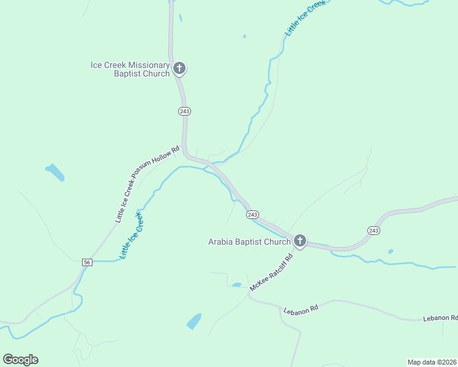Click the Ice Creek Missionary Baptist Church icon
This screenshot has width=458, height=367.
pyautogui.click(x=179, y=68)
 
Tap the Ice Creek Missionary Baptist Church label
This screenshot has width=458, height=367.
pyautogui.click(x=130, y=69)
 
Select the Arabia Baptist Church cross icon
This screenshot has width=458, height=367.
pyautogui.click(x=299, y=240)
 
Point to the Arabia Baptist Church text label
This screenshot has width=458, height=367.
pyautogui.click(x=249, y=242)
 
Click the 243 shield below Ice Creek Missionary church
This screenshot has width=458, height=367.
pyautogui.click(x=185, y=111)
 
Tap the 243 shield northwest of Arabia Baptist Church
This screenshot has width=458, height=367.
pyautogui.click(x=252, y=215)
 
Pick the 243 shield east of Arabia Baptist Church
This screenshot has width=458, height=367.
pyautogui.click(x=374, y=230)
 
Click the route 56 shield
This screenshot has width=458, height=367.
pyautogui.click(x=87, y=262)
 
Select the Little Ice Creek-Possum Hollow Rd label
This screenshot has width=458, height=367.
pyautogui.click(x=148, y=183)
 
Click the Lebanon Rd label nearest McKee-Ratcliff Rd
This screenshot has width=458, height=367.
pyautogui.click(x=301, y=310)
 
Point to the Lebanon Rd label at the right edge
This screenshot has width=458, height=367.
pyautogui.click(x=441, y=318)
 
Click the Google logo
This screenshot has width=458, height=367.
pyautogui.click(x=20, y=360)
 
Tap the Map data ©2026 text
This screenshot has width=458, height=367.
pyautogui.click(x=432, y=362)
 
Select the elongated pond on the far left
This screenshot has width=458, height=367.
pyautogui.click(x=54, y=172)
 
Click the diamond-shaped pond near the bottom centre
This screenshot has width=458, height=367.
pyautogui.click(x=193, y=321)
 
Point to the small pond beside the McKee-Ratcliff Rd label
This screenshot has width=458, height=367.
pyautogui.click(x=236, y=284)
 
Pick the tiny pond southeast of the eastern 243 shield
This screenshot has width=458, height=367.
pyautogui.click(x=390, y=251)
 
